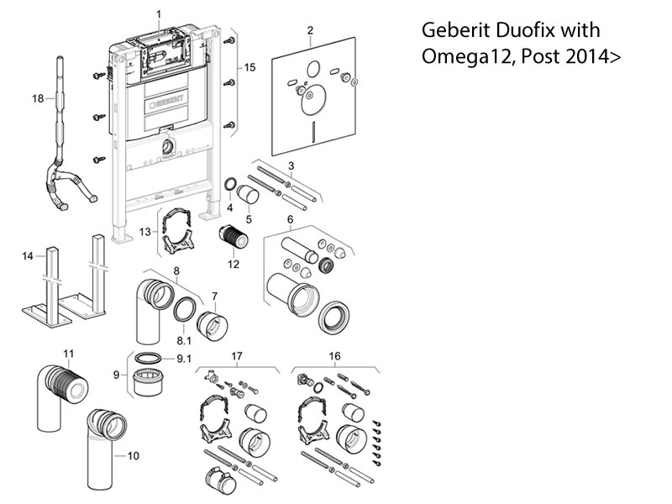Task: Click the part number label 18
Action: [x=37, y=98]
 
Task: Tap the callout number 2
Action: [x=310, y=31]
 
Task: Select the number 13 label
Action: [x=144, y=231]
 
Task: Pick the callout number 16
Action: [x=334, y=356]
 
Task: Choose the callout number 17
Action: [x=236, y=356]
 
